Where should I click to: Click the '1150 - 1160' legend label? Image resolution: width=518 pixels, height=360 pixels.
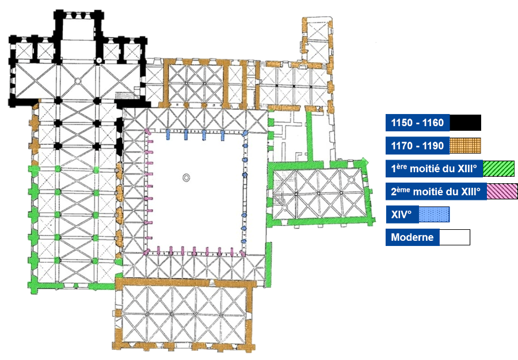pyautogui.click(x=417, y=123)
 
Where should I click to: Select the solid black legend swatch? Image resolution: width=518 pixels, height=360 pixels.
pyautogui.click(x=465, y=123)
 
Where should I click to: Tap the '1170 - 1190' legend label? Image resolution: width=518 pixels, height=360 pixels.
pyautogui.click(x=417, y=146)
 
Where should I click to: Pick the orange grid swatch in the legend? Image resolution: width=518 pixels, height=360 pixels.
pyautogui.click(x=465, y=146)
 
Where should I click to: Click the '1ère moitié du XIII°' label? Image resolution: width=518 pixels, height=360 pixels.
pyautogui.click(x=434, y=168)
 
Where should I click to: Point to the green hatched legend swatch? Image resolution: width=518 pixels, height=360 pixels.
pyautogui.click(x=498, y=169)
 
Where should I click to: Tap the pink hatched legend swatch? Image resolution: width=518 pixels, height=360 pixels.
pyautogui.click(x=502, y=191)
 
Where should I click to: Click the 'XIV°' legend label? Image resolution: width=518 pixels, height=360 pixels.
pyautogui.click(x=401, y=214)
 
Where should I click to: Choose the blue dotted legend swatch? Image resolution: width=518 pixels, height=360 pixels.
pyautogui.click(x=434, y=214)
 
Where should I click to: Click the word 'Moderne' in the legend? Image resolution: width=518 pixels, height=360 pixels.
pyautogui.click(x=412, y=237)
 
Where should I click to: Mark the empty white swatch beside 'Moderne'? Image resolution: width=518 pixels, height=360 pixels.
pyautogui.click(x=455, y=237)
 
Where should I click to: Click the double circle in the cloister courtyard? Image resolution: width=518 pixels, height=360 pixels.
pyautogui.click(x=186, y=177)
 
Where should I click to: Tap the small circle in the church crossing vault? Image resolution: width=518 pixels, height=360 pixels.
pyautogui.click(x=78, y=80)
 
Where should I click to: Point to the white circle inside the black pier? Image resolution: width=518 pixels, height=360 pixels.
pyautogui.click(x=98, y=60)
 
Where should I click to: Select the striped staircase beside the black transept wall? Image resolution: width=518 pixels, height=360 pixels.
pyautogui.click(x=125, y=95)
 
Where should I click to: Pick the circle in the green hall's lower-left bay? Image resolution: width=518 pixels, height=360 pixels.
pyautogui.click(x=284, y=208)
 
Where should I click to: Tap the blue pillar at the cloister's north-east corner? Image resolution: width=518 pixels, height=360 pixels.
pyautogui.click(x=245, y=133)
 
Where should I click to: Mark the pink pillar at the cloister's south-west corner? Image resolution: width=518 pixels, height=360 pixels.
pyautogui.click(x=146, y=252)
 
